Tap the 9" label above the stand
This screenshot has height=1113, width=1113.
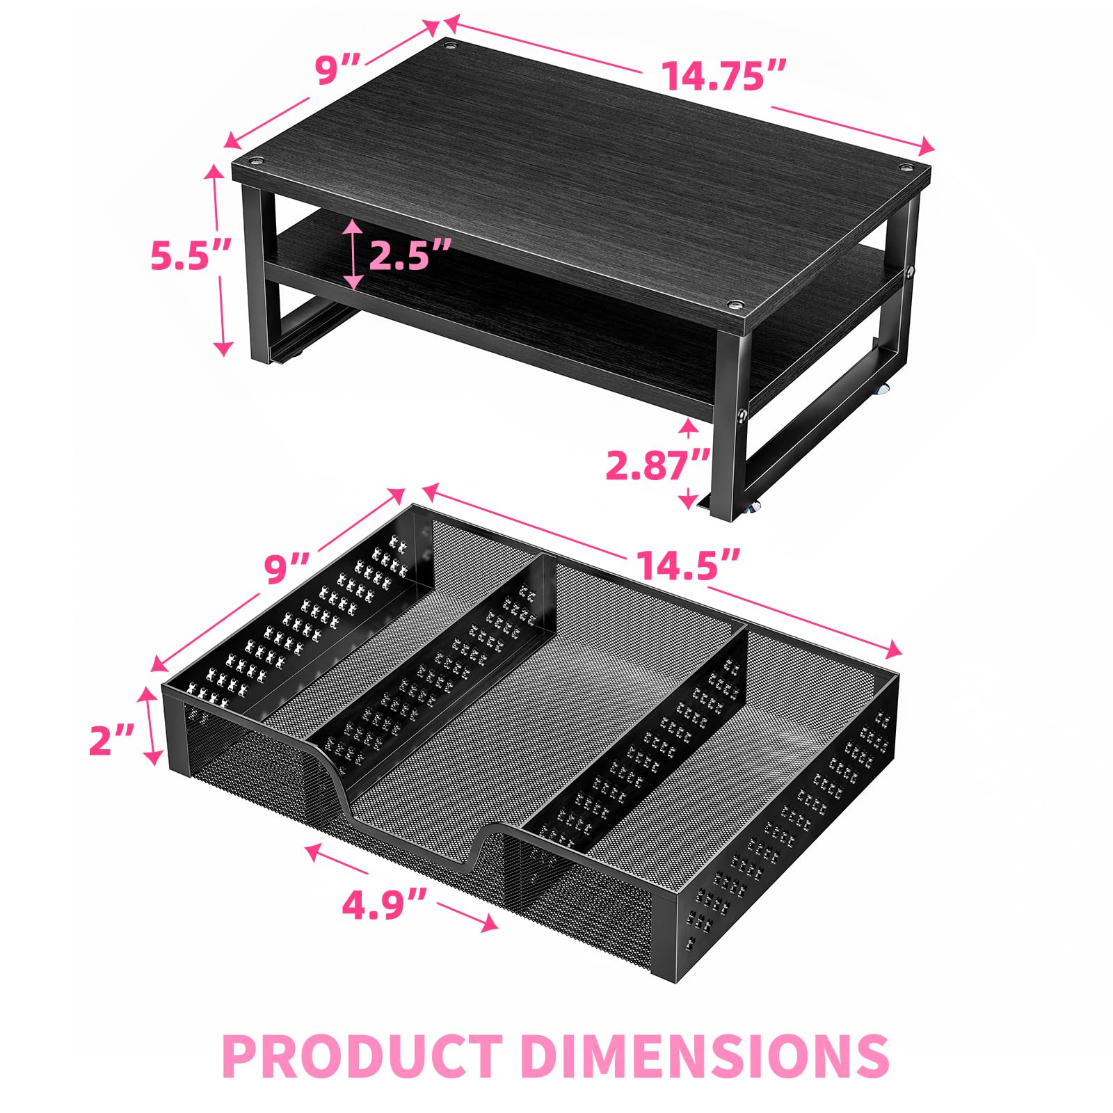337,70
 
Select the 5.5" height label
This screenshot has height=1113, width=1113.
190,256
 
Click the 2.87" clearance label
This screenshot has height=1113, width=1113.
657,465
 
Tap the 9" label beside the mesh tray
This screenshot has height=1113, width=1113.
287,569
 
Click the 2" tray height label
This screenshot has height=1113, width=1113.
111,739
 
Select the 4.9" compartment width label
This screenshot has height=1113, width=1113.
383,905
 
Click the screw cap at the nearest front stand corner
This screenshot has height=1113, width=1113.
735,305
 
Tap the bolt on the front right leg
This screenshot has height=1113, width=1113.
742,416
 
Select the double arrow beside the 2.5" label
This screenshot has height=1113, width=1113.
353,255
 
